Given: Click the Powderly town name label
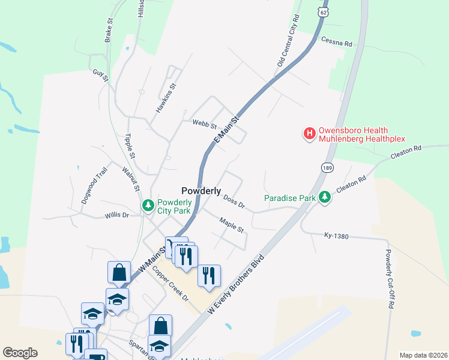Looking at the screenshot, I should pos(201,190).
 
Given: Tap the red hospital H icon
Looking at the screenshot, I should pos(310,133).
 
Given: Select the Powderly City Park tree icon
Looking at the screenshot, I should pos(148,206).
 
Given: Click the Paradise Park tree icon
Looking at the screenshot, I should pos(325,197).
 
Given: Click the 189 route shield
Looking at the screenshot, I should pos(327,167).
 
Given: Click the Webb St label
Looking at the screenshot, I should pos(204,124).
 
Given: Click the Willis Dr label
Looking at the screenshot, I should pos(117,215).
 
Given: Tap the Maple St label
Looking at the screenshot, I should pos(231,226).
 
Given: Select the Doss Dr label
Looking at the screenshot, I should pos(234,202).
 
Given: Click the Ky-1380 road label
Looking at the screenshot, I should pos(336,235).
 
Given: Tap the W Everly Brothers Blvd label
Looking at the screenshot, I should pos(235,282).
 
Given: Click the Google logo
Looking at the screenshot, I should pos(20,353).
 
